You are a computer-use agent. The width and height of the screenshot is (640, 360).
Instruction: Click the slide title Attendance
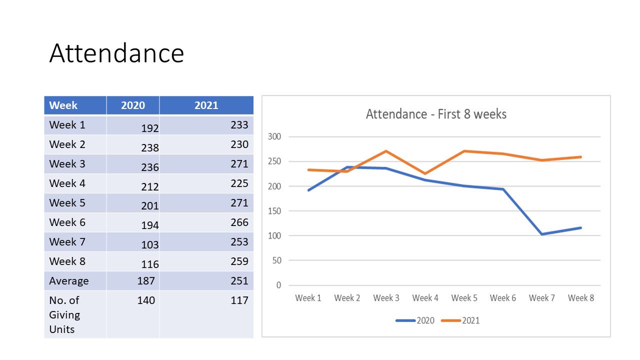(116, 53)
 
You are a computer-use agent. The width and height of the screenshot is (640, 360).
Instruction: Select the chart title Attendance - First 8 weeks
(436, 114)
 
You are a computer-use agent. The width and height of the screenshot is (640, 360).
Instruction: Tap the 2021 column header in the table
(206, 105)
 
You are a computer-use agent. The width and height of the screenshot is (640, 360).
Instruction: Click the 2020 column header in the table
(133, 105)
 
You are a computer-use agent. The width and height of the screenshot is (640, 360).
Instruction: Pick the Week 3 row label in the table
(67, 164)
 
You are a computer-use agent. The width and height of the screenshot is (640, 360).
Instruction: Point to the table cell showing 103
(149, 245)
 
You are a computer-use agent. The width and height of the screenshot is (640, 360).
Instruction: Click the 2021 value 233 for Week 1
(239, 125)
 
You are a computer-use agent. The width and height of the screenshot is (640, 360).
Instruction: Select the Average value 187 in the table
(146, 281)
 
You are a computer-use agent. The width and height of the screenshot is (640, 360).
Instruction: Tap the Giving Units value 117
(239, 300)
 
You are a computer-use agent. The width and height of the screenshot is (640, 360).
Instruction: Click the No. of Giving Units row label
(64, 314)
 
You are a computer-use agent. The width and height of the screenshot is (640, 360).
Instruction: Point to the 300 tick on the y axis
(274, 136)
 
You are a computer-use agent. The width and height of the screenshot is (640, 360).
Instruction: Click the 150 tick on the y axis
(274, 211)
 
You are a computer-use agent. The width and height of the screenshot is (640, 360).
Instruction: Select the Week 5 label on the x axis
(464, 298)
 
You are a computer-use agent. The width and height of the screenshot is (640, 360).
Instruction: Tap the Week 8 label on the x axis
(581, 298)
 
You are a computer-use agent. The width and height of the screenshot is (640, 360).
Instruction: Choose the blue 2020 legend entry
(415, 320)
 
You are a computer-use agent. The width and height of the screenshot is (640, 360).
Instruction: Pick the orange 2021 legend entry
(460, 320)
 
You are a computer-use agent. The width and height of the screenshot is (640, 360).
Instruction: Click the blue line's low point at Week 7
(542, 234)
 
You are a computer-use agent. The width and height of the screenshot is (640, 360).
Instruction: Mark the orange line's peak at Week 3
(386, 151)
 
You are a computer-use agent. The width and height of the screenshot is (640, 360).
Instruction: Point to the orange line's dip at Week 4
(425, 173)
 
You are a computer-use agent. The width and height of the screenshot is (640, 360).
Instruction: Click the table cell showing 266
(239, 222)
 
